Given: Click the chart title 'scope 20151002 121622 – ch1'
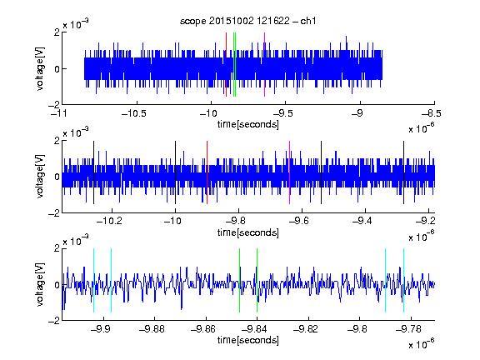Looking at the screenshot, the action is tap(248, 21).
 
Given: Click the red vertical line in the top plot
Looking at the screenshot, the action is tap(226, 65).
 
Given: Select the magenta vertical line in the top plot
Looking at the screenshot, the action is tap(264, 65).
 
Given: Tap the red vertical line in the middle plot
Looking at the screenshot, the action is tap(207, 172).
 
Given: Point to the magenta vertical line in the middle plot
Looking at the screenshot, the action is tap(290, 172).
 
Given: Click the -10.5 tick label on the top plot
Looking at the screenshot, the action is tap(134, 113).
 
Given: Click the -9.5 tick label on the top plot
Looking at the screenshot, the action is tap(282, 113).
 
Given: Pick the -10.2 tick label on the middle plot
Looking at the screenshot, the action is tap(109, 221).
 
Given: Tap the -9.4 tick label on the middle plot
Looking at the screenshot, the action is tap(362, 221).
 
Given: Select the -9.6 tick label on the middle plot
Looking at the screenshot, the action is tap(299, 221).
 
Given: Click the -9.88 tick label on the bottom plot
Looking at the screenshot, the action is tap(152, 329).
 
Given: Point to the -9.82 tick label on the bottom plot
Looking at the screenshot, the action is tap(306, 329).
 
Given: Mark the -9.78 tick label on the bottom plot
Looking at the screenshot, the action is tap(408, 329).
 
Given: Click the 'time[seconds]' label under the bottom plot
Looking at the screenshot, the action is tap(248, 340).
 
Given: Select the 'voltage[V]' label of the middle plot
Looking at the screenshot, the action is tap(40, 177).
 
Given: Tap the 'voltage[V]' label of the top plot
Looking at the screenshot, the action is tap(40, 68).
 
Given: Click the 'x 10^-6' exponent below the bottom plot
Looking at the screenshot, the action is tap(421, 344).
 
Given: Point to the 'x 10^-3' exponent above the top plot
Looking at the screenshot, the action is tap(76, 23).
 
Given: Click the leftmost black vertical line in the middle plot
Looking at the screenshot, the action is tap(93, 172).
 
